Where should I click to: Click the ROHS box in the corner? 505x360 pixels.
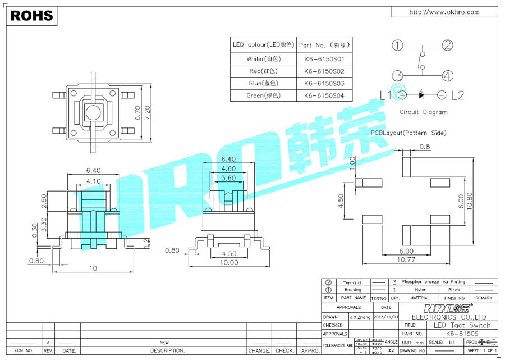click(31, 16)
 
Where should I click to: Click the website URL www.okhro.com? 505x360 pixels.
click(444, 12)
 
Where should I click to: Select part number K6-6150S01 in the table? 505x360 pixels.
click(324, 58)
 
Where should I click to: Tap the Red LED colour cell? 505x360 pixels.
click(263, 71)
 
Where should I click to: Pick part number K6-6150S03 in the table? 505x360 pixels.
click(324, 83)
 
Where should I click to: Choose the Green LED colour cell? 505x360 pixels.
click(263, 95)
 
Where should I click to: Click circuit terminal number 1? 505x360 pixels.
click(397, 45)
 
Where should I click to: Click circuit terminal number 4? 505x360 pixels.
click(447, 76)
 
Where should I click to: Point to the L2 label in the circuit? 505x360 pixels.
click(457, 95)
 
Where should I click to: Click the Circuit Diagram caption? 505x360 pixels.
click(423, 112)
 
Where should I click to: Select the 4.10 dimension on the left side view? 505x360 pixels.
click(93, 181)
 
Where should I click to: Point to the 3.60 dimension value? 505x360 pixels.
click(228, 178)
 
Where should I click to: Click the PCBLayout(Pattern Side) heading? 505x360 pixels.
click(408, 133)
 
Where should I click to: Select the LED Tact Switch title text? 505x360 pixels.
click(462, 325)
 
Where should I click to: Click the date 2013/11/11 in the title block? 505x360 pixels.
click(384, 317)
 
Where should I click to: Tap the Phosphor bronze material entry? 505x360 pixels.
click(420, 282)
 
